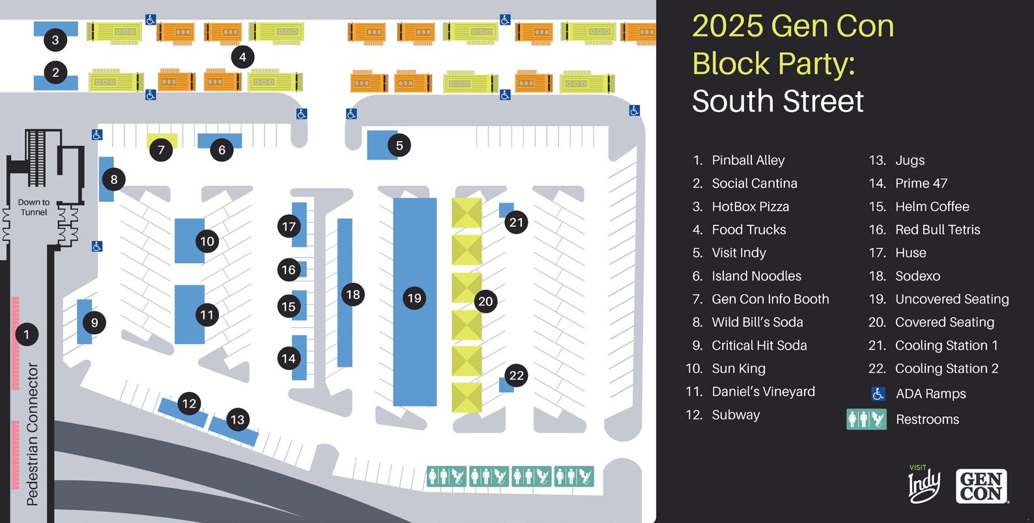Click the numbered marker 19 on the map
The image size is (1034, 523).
pyautogui.click(x=414, y=298)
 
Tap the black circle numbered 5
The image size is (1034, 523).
pyautogui.click(x=399, y=145)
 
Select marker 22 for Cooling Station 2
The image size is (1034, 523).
pyautogui.click(x=516, y=375)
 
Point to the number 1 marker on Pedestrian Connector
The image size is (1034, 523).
pyautogui.click(x=26, y=334)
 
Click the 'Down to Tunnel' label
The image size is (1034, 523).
pyautogui.click(x=33, y=207)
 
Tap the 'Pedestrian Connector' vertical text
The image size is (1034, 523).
pyautogui.click(x=32, y=434)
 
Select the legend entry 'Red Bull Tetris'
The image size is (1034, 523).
pyautogui.click(x=937, y=229)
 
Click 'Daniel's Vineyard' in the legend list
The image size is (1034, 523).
pyautogui.click(x=762, y=391)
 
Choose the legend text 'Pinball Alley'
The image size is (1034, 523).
pyautogui.click(x=747, y=160)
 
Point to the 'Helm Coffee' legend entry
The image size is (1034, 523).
pyautogui.click(x=932, y=206)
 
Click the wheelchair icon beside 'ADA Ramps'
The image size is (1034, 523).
pyautogui.click(x=878, y=393)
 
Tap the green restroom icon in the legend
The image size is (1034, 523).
pyautogui.click(x=867, y=419)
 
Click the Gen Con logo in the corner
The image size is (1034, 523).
pyautogui.click(x=981, y=486)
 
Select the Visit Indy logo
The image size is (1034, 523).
pyautogui.click(x=925, y=484)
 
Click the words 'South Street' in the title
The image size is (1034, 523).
pyautogui.click(x=777, y=102)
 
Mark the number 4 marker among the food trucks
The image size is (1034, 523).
pyautogui.click(x=242, y=57)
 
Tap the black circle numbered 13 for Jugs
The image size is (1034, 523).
pyautogui.click(x=237, y=419)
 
